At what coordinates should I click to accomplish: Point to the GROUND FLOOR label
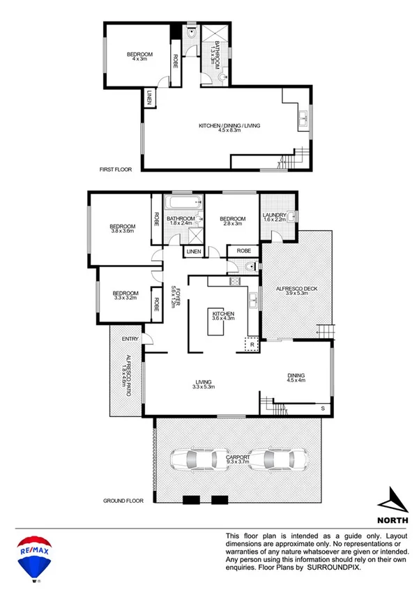[x=123, y=501]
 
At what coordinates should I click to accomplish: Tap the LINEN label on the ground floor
[x=193, y=251]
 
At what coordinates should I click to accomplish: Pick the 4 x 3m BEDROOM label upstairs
[x=139, y=57]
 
